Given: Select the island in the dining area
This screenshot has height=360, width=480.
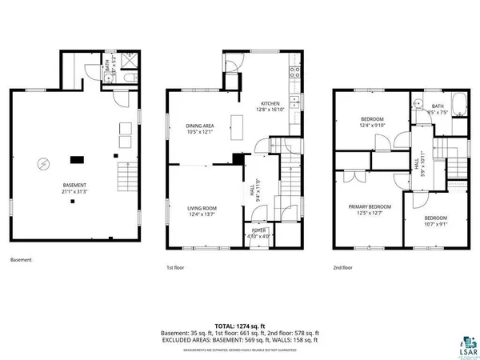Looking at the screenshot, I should (238, 126).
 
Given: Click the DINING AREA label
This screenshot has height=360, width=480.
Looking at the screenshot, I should (199, 128).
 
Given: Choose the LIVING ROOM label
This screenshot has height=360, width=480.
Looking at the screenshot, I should (202, 210).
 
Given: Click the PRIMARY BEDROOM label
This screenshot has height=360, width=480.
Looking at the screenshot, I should (369, 209).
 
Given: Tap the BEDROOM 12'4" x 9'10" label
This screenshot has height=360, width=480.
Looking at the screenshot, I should (372, 122).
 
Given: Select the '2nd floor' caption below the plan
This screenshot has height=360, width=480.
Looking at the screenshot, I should (342, 267).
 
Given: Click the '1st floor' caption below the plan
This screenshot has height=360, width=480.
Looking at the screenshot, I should (175, 267).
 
